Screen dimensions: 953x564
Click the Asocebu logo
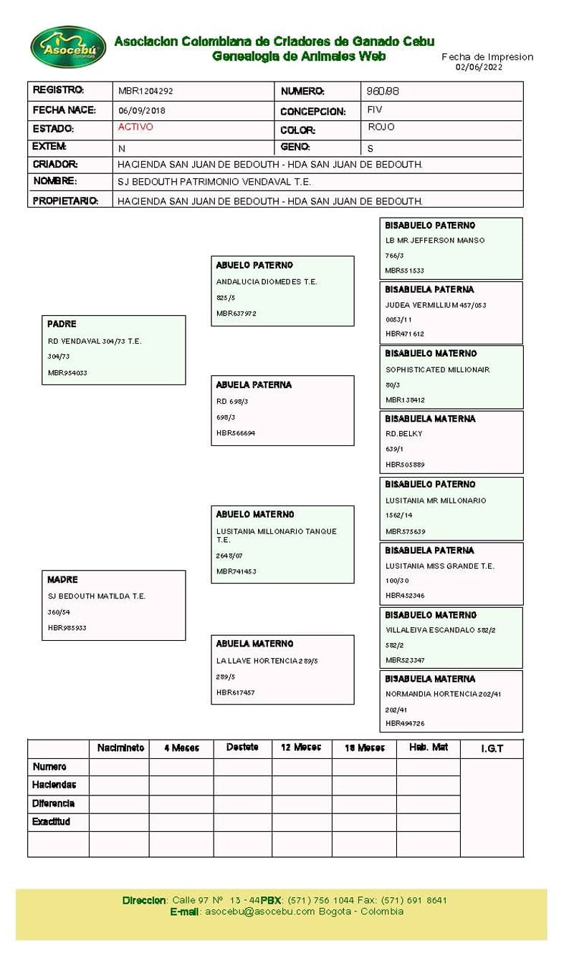68,47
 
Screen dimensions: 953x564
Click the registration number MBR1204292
145,92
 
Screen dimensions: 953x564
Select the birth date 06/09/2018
141,111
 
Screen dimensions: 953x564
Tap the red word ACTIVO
135,127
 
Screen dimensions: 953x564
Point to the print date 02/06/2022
479,67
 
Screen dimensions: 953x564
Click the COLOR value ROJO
381,127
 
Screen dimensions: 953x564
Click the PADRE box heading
62,324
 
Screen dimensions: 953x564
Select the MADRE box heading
62,580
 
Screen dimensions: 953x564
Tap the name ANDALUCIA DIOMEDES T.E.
266,282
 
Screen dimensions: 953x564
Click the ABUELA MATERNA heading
254,644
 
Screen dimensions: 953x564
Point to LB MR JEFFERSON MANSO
434,241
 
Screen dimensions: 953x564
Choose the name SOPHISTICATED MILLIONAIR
437,370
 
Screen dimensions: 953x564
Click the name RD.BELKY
404,434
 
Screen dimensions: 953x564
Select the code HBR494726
405,724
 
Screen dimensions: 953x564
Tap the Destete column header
242,748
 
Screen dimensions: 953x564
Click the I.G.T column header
492,749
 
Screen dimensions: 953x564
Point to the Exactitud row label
51,822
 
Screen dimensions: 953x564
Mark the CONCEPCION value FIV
375,110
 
